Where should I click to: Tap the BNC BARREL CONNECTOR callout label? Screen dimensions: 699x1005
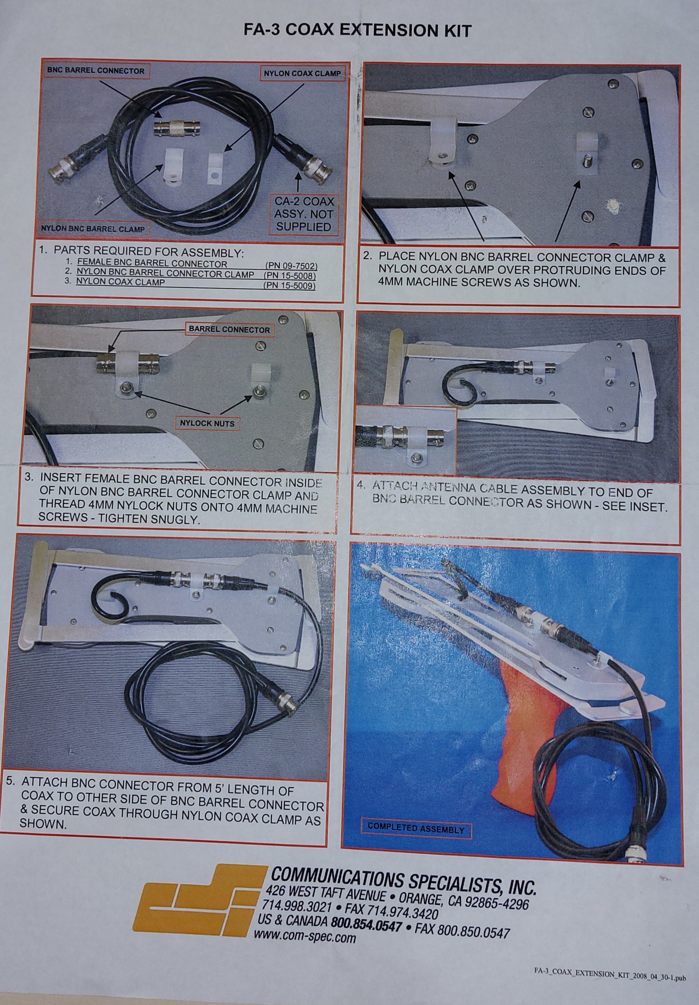coord(96,71)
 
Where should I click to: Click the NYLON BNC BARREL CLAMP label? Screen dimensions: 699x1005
coord(93,228)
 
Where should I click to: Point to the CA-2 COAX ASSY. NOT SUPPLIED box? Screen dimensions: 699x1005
coord(304,214)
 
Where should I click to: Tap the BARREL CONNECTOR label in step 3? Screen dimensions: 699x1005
coord(229,330)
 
